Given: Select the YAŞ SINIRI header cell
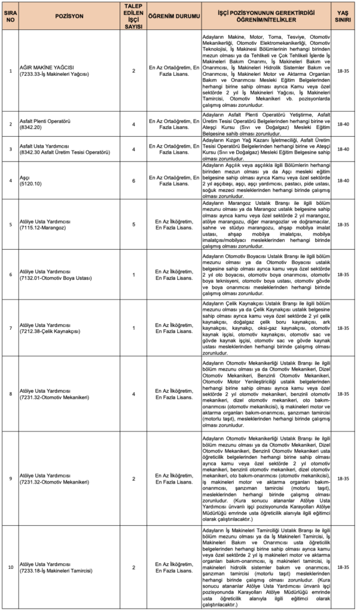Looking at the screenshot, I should pos(343,16).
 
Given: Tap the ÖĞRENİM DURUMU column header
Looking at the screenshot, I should pos(172,16).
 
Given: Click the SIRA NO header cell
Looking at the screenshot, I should pos(10,16).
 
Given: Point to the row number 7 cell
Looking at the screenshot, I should pos(10,328).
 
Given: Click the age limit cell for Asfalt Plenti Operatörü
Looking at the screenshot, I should pos(343,124).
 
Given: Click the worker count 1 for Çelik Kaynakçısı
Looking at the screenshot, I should pos(134,328).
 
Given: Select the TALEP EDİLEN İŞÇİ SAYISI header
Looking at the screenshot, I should pos(134,16).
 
